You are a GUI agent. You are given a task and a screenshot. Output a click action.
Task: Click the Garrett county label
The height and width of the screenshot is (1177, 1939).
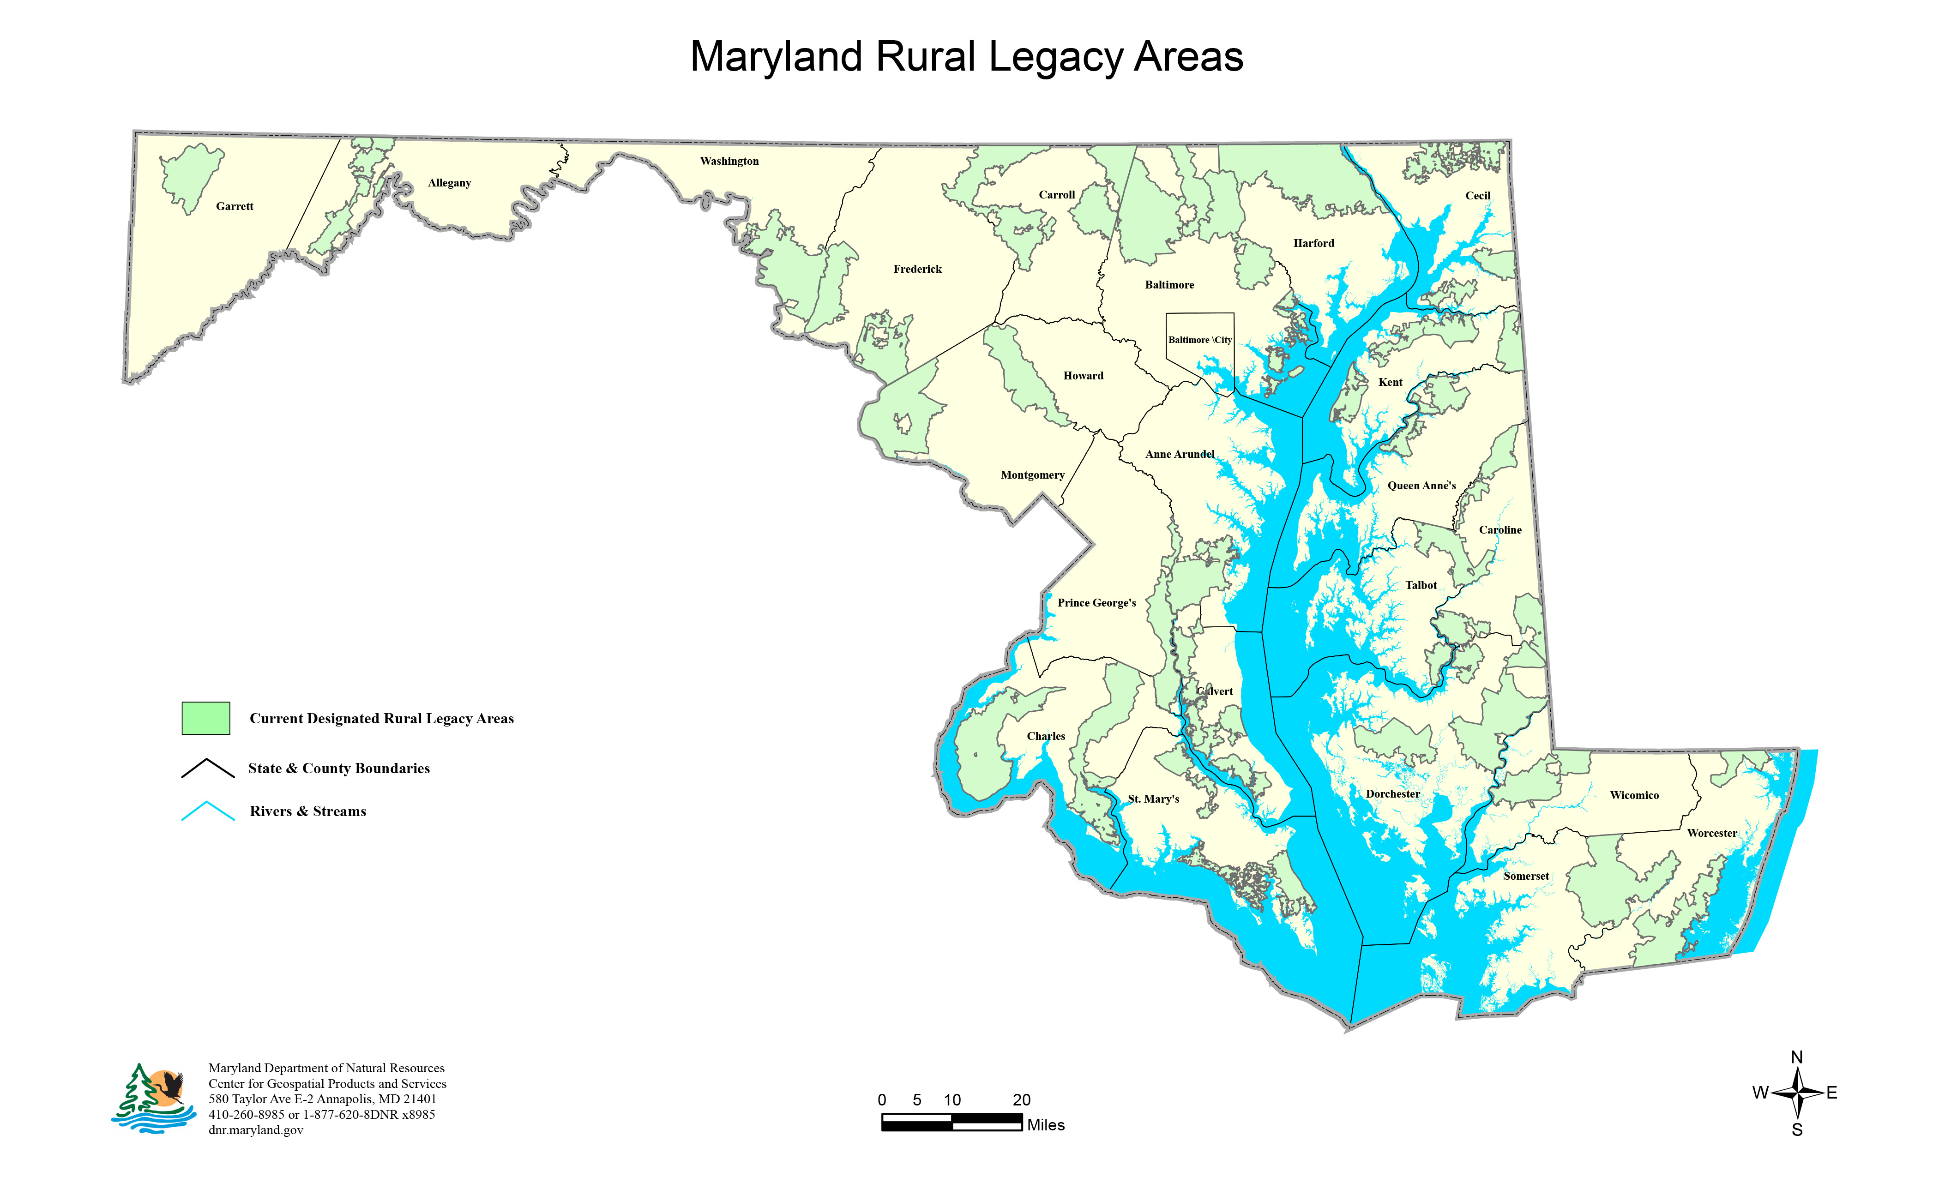pos(235,206)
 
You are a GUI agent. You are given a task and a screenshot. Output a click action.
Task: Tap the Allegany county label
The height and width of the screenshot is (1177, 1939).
pos(449,182)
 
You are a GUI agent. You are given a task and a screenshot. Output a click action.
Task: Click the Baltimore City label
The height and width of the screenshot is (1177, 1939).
pos(1199,340)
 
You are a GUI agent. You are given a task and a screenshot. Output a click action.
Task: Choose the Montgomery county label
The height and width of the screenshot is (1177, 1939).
pos(1032,475)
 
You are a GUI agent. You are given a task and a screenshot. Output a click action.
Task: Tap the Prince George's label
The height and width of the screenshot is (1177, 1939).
pos(1096,603)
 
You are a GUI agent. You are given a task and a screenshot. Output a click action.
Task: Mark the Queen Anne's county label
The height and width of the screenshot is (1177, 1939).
pos(1421,486)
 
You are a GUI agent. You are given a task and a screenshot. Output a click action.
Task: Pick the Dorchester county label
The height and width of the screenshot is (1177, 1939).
pos(1393,794)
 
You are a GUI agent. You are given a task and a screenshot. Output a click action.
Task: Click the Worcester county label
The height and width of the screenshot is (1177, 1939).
pos(1711,833)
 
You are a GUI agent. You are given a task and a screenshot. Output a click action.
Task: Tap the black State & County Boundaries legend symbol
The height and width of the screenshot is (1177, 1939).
pos(208,769)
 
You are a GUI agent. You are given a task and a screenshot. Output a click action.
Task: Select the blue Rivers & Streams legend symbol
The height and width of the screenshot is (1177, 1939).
pos(208,811)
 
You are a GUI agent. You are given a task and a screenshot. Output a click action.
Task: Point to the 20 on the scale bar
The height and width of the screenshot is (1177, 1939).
pos(1021,1100)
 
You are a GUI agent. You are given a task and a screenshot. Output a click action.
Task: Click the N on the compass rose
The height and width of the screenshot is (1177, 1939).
pos(1796,1057)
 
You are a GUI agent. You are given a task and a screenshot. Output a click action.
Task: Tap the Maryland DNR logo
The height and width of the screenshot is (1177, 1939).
pos(153,1099)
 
